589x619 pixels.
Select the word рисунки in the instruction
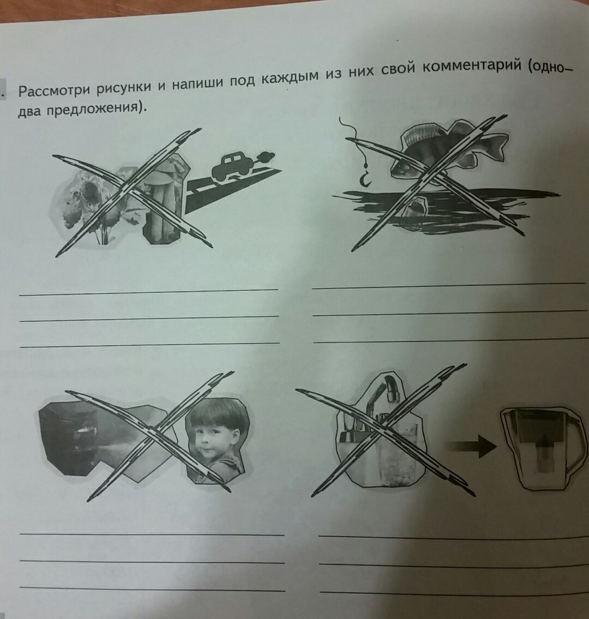[125, 87]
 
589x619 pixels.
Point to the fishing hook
[364, 178]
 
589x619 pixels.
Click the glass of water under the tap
[396, 449]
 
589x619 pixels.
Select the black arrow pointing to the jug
[472, 446]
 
